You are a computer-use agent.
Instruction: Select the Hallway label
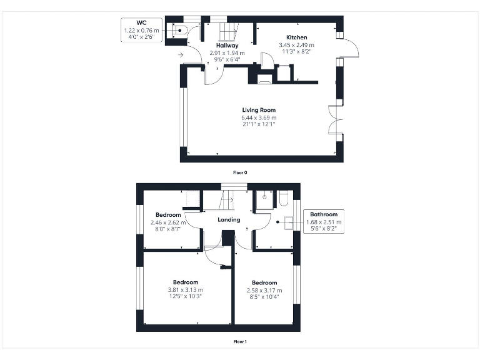point(226,46)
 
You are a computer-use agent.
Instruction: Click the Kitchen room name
point(296,37)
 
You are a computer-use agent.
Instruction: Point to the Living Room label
point(258,110)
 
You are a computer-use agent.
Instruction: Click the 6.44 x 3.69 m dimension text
point(258,117)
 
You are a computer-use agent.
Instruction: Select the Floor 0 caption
point(240,172)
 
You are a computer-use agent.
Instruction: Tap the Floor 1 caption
point(240,342)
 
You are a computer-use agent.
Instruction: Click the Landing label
point(228,220)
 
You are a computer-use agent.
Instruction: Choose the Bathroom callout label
point(323,214)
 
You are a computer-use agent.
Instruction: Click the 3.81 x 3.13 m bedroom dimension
point(186,290)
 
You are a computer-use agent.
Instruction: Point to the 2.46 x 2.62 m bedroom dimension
point(168,222)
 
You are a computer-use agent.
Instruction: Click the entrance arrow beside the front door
point(181,56)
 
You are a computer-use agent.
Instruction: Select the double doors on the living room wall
point(334,119)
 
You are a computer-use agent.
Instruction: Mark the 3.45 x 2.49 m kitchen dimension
point(296,45)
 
